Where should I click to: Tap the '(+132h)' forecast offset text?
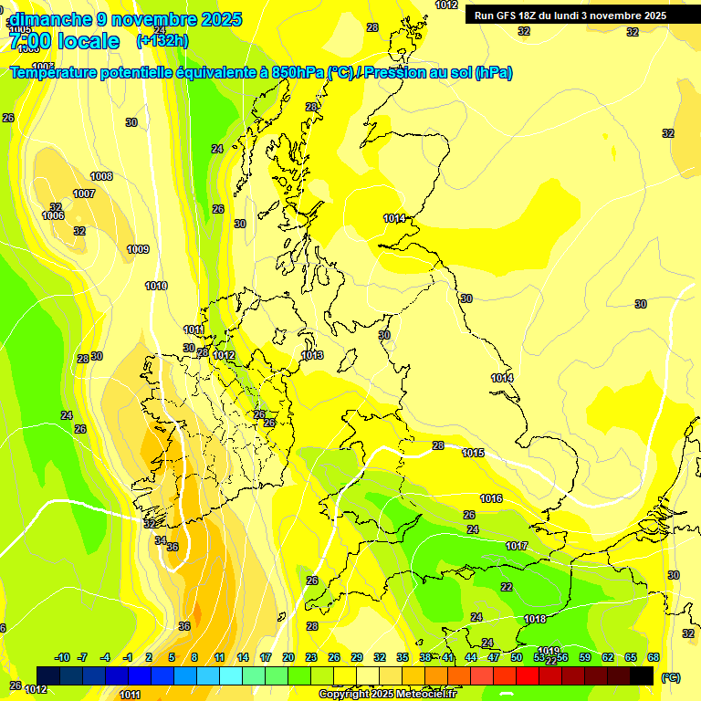pos(162,40)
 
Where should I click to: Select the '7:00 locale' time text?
pos(64,41)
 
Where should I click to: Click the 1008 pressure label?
pos(101,176)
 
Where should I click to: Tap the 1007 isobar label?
pos(84,194)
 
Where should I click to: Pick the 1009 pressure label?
pos(138,249)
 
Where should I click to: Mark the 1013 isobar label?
pos(312,355)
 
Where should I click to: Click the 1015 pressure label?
pos(473,453)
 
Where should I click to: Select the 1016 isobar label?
pos(491,498)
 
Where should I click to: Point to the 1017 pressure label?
pos(517,546)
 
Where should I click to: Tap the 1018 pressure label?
pos(536,619)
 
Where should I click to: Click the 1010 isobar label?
pos(156,286)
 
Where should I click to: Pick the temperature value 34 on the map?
pos(160,540)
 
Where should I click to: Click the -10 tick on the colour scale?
pos(63,657)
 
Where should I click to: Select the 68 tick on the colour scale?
pos(654,657)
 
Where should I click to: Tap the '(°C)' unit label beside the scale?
pos(671,677)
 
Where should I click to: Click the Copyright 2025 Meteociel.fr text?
pos(387,695)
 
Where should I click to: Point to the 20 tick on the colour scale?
pos(288,657)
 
